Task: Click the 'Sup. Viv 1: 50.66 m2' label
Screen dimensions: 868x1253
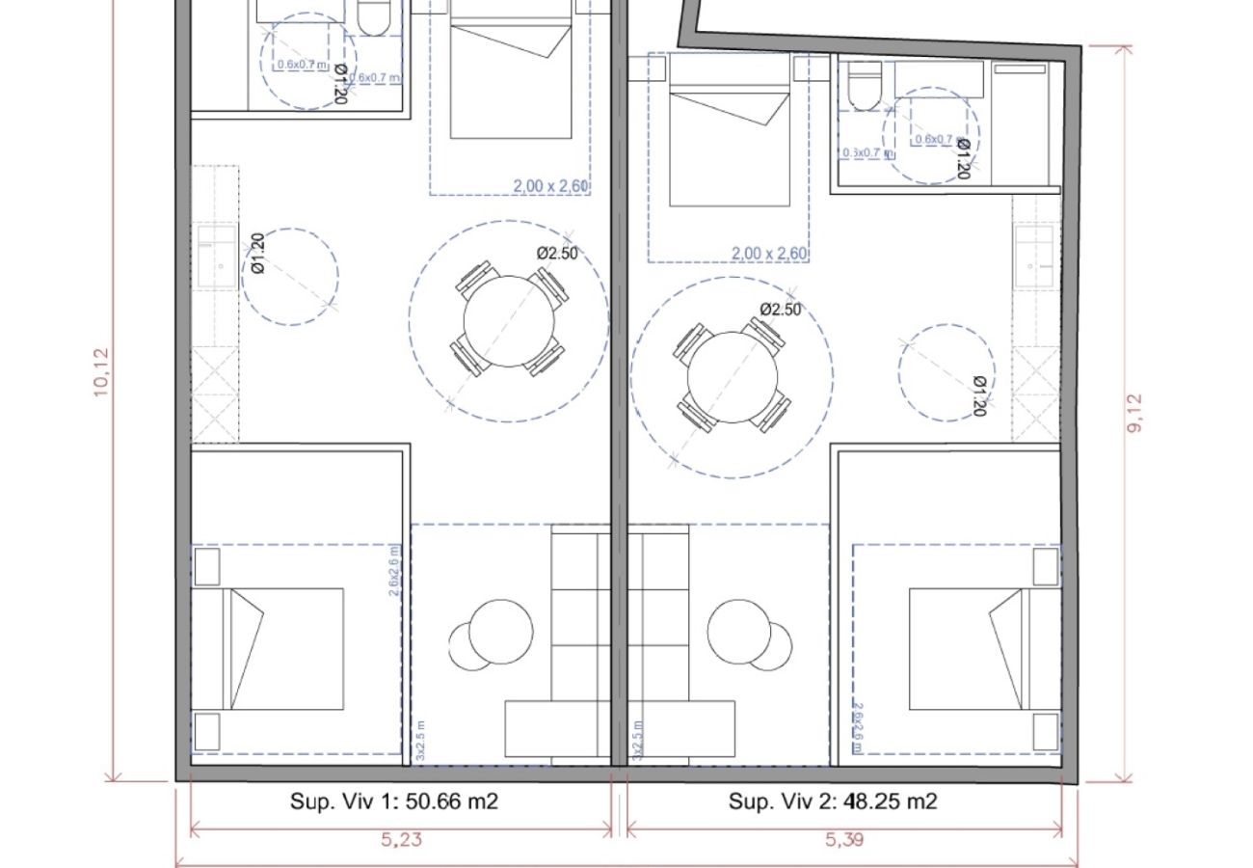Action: click(394, 800)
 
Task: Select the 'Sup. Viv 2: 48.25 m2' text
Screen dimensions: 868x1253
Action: click(833, 800)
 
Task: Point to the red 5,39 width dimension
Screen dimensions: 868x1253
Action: click(844, 839)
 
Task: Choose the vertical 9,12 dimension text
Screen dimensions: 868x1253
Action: click(1134, 413)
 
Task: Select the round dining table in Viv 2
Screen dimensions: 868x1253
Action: click(733, 376)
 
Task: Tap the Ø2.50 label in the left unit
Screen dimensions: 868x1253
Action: click(558, 253)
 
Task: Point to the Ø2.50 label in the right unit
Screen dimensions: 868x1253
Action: click(781, 310)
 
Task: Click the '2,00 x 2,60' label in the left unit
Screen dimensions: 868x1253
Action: click(550, 186)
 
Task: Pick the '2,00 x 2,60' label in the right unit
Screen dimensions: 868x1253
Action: click(769, 254)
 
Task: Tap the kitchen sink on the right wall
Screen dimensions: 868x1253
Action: click(1033, 254)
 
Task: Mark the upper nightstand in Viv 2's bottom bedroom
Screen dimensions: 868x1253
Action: click(1047, 567)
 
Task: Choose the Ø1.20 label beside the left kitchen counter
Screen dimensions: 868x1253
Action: click(257, 255)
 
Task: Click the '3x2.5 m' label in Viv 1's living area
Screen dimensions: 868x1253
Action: click(421, 740)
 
